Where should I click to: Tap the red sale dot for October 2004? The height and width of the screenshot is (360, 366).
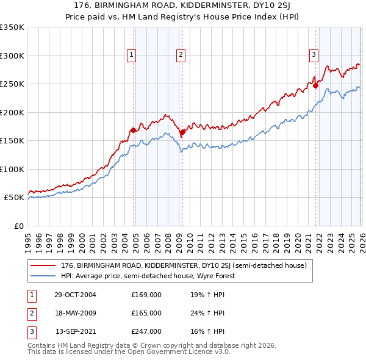pyautogui.click(x=133, y=130)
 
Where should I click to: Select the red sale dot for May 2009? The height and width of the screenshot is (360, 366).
pyautogui.click(x=182, y=132)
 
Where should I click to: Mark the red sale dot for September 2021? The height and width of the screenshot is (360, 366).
pyautogui.click(x=315, y=86)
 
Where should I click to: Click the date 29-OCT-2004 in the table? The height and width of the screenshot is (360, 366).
pyautogui.click(x=75, y=295)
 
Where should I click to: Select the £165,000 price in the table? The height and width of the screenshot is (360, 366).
pyautogui.click(x=146, y=313)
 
